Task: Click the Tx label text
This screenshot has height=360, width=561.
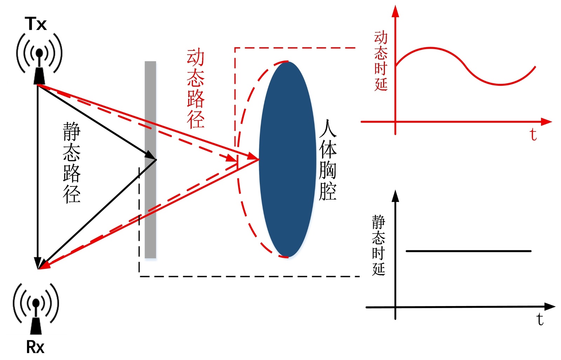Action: click(35, 24)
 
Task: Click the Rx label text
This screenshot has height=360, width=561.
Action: click(35, 347)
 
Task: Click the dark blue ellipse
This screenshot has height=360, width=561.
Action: click(288, 159)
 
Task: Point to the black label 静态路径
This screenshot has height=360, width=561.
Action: click(72, 163)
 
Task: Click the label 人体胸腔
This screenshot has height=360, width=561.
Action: click(328, 160)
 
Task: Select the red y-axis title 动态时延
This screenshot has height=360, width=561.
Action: click(381, 61)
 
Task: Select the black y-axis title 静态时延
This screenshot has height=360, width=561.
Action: click(379, 245)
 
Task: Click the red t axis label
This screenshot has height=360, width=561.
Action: click(533, 135)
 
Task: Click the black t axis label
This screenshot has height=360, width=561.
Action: click(540, 319)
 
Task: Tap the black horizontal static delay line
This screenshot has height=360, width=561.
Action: click(468, 251)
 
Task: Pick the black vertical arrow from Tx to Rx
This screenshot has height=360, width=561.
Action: click(38, 175)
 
